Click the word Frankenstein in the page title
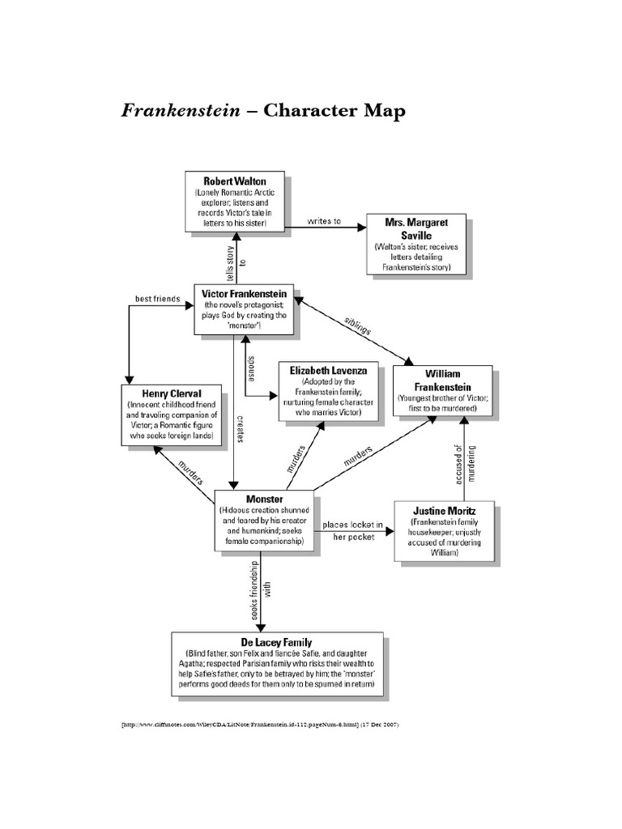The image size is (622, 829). (x=181, y=111)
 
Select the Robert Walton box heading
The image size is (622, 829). (x=234, y=180)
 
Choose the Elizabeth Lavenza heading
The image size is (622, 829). (x=328, y=370)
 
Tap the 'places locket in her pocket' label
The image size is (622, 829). (x=351, y=531)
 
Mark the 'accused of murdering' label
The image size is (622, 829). (x=462, y=465)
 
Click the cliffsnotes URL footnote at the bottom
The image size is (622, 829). (x=260, y=725)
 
